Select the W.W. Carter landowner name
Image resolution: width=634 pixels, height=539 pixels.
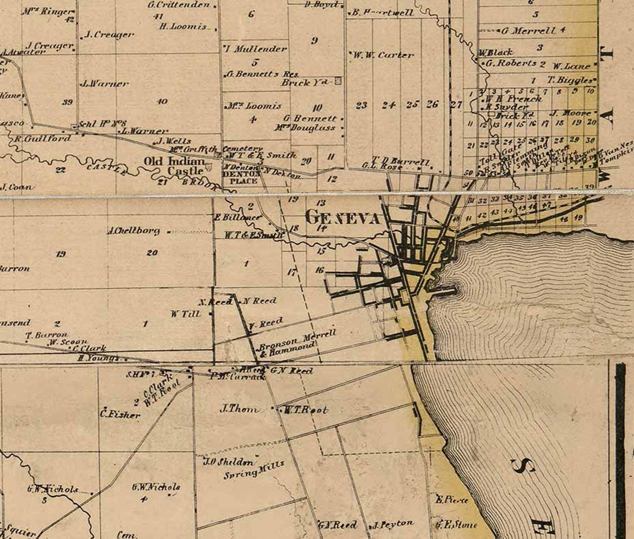coord(383,55)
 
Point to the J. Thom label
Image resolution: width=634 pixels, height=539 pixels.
coord(240,409)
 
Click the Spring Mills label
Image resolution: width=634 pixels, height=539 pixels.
coord(254,469)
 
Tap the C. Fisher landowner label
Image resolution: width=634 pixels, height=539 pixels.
coord(120,414)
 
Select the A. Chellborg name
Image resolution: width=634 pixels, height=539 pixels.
coord(134,230)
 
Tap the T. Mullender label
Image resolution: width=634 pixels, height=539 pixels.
coord(256,48)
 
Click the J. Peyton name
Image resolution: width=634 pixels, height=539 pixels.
coord(393,524)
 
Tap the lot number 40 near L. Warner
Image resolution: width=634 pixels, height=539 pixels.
coord(162,101)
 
